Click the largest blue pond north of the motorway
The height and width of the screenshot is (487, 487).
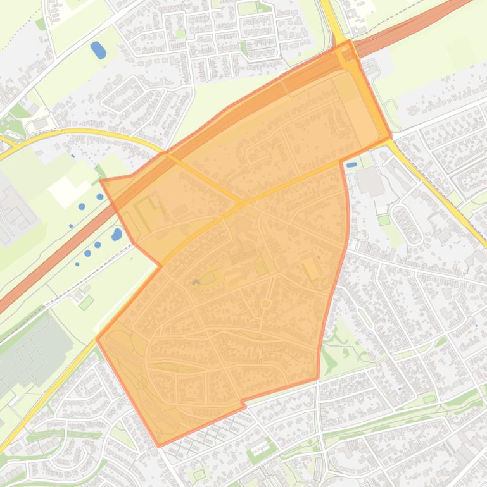click(98, 49)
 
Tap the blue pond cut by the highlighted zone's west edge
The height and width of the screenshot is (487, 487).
click(117, 234)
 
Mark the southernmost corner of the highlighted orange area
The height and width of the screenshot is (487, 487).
click(159, 446)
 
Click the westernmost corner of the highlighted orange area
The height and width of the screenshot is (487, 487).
click(97, 338)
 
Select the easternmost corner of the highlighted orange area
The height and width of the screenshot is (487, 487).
click(391, 136)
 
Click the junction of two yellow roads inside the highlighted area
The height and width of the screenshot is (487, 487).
click(239, 203)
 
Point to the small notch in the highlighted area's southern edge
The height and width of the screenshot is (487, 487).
click(243, 404)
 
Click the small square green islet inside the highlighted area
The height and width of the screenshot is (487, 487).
click(266, 304)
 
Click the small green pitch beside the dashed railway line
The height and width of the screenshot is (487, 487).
click(86, 302)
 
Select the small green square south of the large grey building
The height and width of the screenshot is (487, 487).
click(384, 220)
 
